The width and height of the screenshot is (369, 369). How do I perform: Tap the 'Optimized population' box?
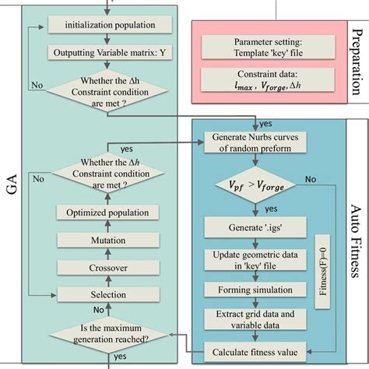pyautogui.click(x=105, y=212)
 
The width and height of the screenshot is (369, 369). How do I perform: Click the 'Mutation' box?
pyautogui.click(x=105, y=242)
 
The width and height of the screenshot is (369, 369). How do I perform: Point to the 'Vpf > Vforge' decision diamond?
pyautogui.click(x=258, y=186)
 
